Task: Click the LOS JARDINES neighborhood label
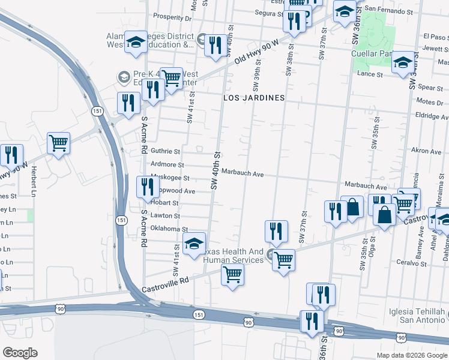tap(254, 97)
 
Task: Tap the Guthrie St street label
tap(165, 152)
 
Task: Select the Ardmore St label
tap(167, 164)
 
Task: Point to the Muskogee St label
tap(170, 178)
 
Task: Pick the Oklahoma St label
tap(169, 229)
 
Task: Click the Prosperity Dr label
tap(172, 18)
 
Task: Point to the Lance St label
tap(370, 74)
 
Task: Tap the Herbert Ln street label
tap(35, 181)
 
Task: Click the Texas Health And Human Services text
tap(234, 256)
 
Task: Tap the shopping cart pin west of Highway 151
tap(59, 143)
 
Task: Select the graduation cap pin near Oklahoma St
tap(194, 244)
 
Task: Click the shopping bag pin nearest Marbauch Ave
tap(352, 207)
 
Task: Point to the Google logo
tap(19, 353)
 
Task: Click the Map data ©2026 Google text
tap(411, 355)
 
